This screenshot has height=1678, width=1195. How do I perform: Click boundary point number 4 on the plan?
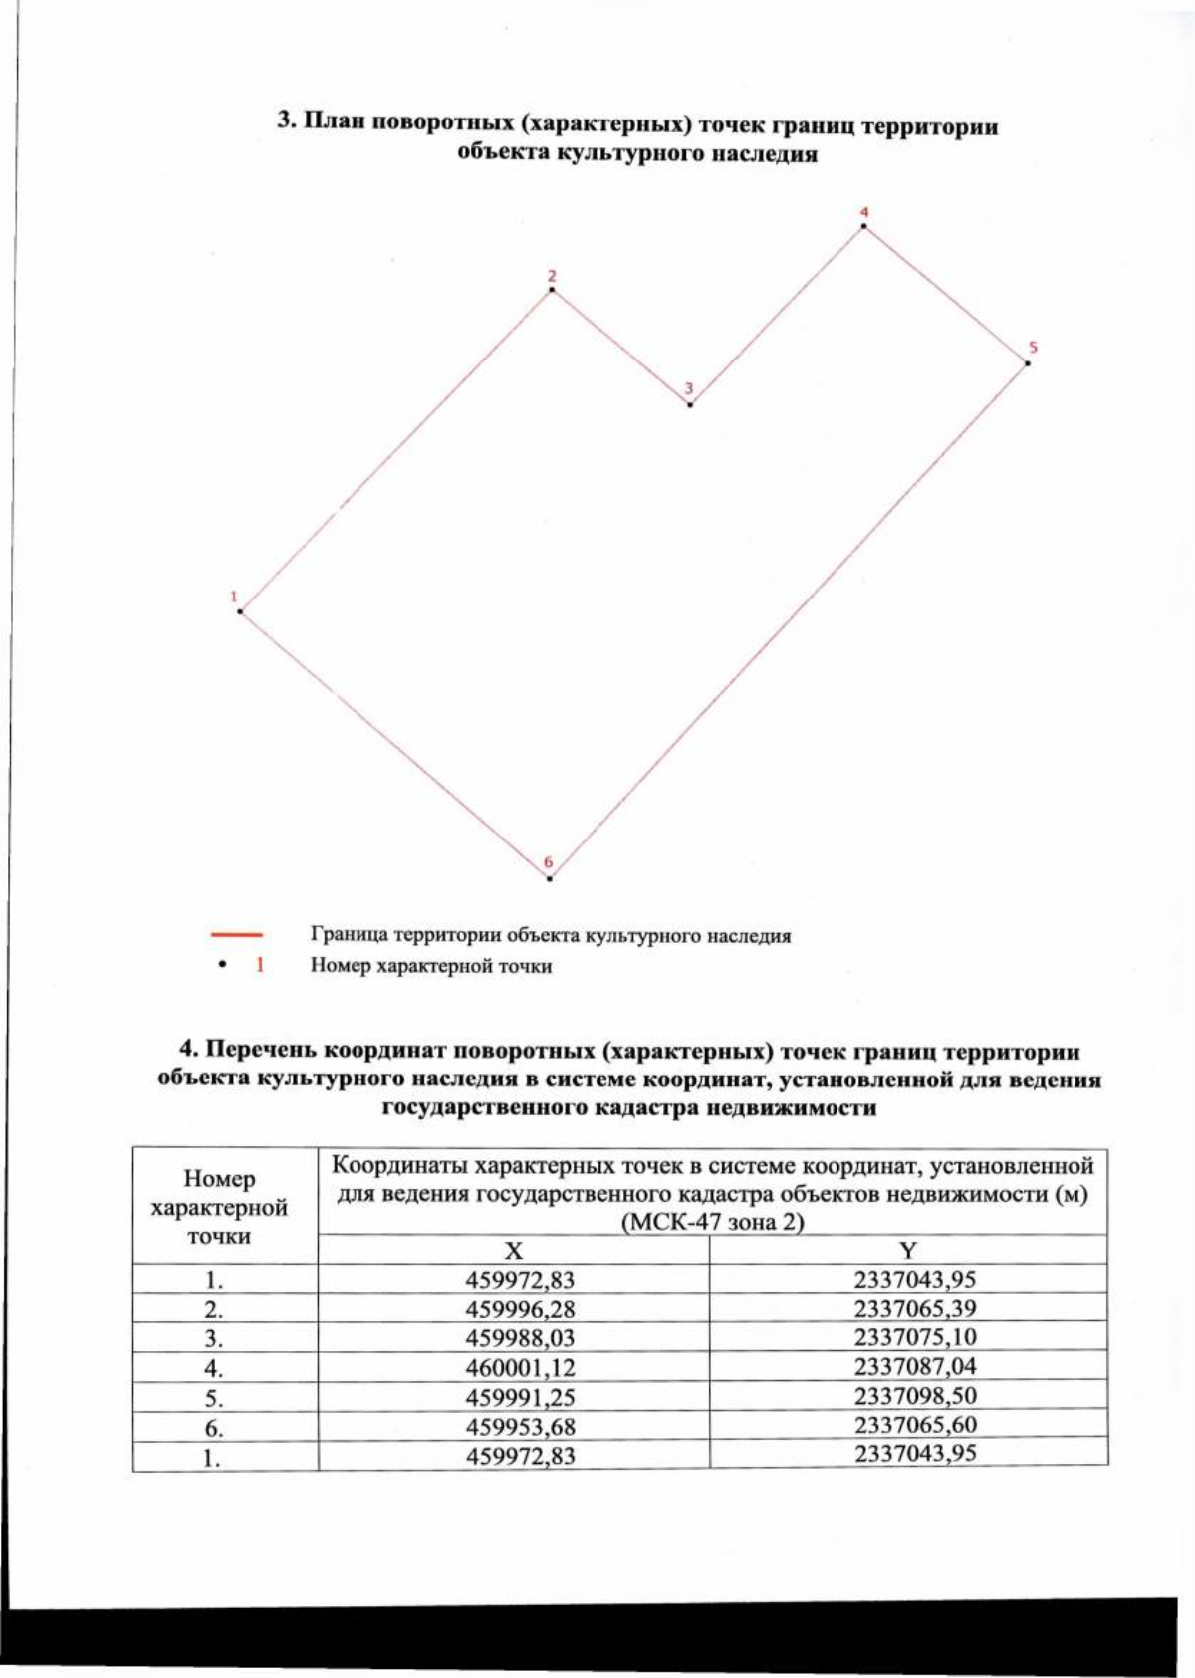point(863,227)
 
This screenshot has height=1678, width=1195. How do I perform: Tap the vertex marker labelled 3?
point(690,404)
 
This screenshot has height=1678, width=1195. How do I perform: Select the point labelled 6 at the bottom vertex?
point(550,877)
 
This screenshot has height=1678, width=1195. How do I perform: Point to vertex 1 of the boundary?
point(241,610)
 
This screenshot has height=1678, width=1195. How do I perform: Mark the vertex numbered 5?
point(1027,363)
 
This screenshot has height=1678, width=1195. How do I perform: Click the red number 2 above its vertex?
point(552,276)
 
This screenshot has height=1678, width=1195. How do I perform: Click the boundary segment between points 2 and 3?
point(621,348)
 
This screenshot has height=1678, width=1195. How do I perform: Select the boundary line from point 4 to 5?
point(945,295)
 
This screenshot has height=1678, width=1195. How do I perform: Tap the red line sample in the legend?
point(236,935)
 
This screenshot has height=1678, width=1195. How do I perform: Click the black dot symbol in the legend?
point(224,964)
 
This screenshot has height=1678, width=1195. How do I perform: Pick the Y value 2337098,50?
point(914,1395)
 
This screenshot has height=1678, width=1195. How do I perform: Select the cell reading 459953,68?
point(520,1426)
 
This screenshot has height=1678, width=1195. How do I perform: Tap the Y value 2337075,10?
point(914,1337)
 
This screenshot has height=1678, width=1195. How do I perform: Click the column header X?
point(514,1251)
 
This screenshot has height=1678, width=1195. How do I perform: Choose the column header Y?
point(908,1251)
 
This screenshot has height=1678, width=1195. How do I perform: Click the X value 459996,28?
point(520,1309)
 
